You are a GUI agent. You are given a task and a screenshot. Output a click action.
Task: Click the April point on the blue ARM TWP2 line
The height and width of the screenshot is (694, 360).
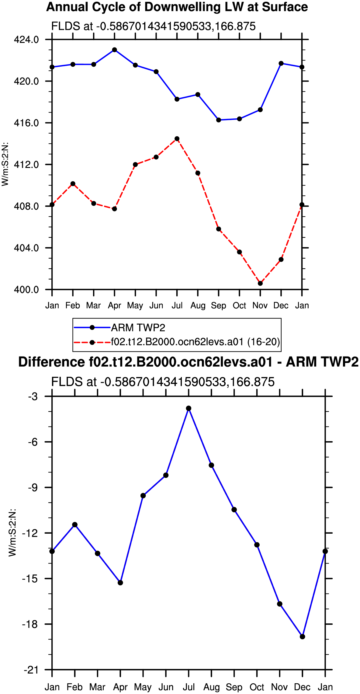114,50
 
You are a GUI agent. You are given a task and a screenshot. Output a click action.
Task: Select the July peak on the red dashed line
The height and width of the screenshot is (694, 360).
177,139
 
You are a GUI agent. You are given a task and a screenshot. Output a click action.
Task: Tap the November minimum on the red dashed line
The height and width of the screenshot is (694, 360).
260,283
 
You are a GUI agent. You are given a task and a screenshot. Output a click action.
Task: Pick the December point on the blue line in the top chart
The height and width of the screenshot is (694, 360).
281,63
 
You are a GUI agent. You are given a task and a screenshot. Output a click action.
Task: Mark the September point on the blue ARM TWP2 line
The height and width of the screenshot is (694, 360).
219,120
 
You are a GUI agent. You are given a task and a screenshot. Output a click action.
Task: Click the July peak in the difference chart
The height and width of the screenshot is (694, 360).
189,408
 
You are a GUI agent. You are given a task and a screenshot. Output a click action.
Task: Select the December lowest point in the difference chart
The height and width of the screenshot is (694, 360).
302,636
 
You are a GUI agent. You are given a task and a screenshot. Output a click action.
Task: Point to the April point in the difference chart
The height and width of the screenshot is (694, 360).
120,583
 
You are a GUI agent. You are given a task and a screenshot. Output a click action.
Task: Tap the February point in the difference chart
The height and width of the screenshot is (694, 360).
75,525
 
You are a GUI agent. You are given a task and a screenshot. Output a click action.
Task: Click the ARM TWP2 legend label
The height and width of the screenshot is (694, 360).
138,328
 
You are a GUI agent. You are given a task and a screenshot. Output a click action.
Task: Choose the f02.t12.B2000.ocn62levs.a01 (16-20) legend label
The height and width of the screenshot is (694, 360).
195,342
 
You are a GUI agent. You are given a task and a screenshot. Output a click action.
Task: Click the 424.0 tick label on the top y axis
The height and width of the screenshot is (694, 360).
26,40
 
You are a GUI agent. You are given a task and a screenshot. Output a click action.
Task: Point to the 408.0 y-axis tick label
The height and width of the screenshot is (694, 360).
26,206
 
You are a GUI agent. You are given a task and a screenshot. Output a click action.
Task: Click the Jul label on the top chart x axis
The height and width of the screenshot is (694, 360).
177,305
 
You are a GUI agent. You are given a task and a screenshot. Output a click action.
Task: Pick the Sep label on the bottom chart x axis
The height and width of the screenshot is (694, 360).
234,687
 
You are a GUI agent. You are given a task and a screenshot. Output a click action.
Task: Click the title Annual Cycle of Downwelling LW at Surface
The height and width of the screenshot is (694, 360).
177,7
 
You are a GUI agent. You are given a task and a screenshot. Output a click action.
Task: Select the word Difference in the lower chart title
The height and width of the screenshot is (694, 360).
52,362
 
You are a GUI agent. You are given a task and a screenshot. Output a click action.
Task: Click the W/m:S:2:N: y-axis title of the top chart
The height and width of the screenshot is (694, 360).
5,164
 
